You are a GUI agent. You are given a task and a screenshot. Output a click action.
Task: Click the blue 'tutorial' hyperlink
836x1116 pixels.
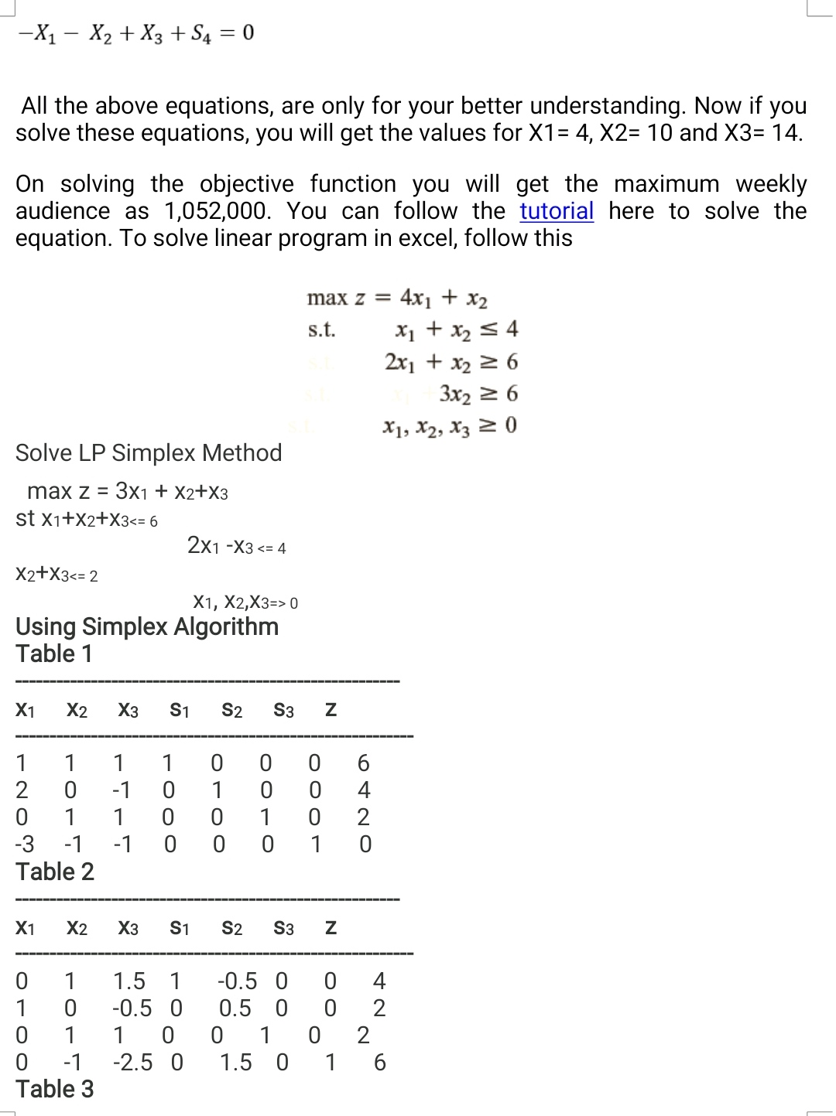(557, 211)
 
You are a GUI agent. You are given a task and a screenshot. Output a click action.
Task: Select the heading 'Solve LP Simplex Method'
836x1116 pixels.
(149, 452)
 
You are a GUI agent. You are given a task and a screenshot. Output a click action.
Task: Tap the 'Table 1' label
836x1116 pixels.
(54, 654)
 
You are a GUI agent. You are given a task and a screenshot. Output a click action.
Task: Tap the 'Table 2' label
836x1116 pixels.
(55, 872)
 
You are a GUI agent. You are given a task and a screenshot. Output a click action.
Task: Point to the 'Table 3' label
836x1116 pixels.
(55, 1089)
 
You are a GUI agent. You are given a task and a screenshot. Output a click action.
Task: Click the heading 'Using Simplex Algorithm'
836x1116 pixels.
(147, 626)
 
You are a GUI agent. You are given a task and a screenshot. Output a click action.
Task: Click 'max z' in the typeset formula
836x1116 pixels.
(336, 298)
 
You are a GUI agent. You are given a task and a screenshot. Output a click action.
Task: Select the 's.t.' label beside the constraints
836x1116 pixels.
(321, 330)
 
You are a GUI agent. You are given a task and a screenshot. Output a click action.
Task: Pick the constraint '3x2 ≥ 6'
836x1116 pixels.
(478, 394)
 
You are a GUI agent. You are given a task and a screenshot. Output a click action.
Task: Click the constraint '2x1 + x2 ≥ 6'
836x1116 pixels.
(451, 362)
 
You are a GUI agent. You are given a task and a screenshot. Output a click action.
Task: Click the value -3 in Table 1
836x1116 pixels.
(25, 844)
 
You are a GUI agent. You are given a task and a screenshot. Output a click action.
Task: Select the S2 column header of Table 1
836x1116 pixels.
(232, 710)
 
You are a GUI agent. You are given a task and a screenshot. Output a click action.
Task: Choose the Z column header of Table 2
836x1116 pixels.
(331, 928)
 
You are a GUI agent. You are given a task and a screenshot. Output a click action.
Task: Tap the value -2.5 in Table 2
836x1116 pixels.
(132, 1063)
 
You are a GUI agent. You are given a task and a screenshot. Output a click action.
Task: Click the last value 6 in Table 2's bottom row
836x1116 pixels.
(379, 1063)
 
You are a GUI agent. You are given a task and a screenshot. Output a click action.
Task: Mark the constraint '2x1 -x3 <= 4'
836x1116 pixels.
(237, 547)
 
